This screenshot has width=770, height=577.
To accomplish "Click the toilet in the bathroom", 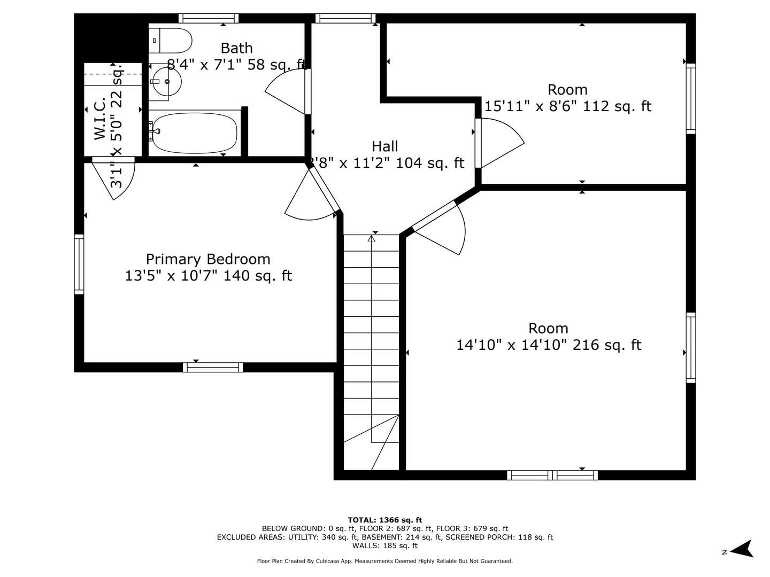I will [x=170, y=41].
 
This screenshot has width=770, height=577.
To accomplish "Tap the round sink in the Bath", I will [x=165, y=82].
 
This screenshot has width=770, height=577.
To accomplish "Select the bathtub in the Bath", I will [x=194, y=132].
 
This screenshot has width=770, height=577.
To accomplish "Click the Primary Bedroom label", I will [x=208, y=259].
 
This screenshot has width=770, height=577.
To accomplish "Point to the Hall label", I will [x=385, y=146].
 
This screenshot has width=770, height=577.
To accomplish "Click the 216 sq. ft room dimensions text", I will [x=548, y=345].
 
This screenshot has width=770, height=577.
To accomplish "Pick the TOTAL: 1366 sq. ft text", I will [x=384, y=520].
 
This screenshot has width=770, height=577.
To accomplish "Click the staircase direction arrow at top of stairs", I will [x=372, y=238].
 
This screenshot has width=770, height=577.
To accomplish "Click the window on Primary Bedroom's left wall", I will [x=79, y=264].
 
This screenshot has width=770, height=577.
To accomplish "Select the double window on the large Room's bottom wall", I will [x=552, y=475].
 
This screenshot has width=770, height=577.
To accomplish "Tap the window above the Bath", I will [x=209, y=19].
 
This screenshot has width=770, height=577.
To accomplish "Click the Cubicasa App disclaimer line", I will [x=384, y=561].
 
